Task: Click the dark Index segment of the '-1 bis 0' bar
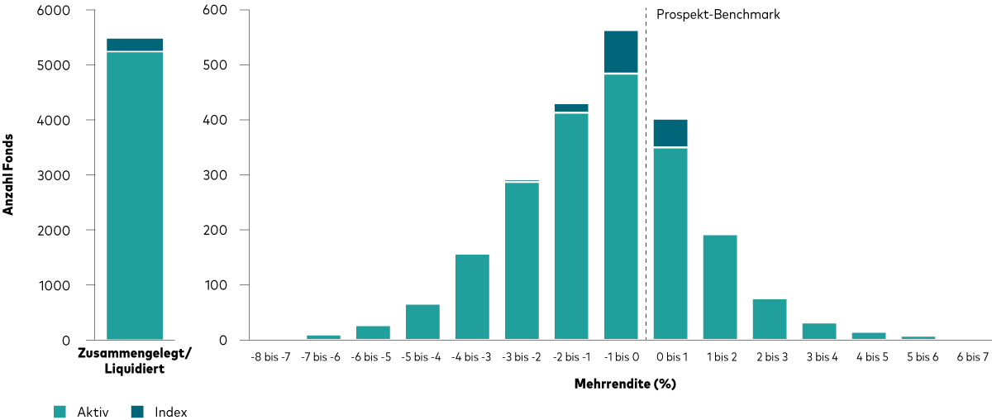click(621, 51)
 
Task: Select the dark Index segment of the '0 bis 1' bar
click(670, 133)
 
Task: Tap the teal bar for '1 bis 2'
click(720, 287)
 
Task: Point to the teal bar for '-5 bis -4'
click(422, 322)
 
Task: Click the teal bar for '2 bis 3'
click(770, 319)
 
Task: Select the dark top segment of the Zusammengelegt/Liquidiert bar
click(135, 45)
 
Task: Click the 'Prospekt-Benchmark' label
click(718, 15)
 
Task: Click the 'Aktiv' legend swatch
click(59, 412)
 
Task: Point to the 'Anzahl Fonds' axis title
click(9, 175)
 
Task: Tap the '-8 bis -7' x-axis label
click(274, 356)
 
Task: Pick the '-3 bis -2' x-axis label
click(522, 356)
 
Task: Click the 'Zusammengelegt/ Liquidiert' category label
click(135, 361)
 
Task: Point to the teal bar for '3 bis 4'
click(819, 331)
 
